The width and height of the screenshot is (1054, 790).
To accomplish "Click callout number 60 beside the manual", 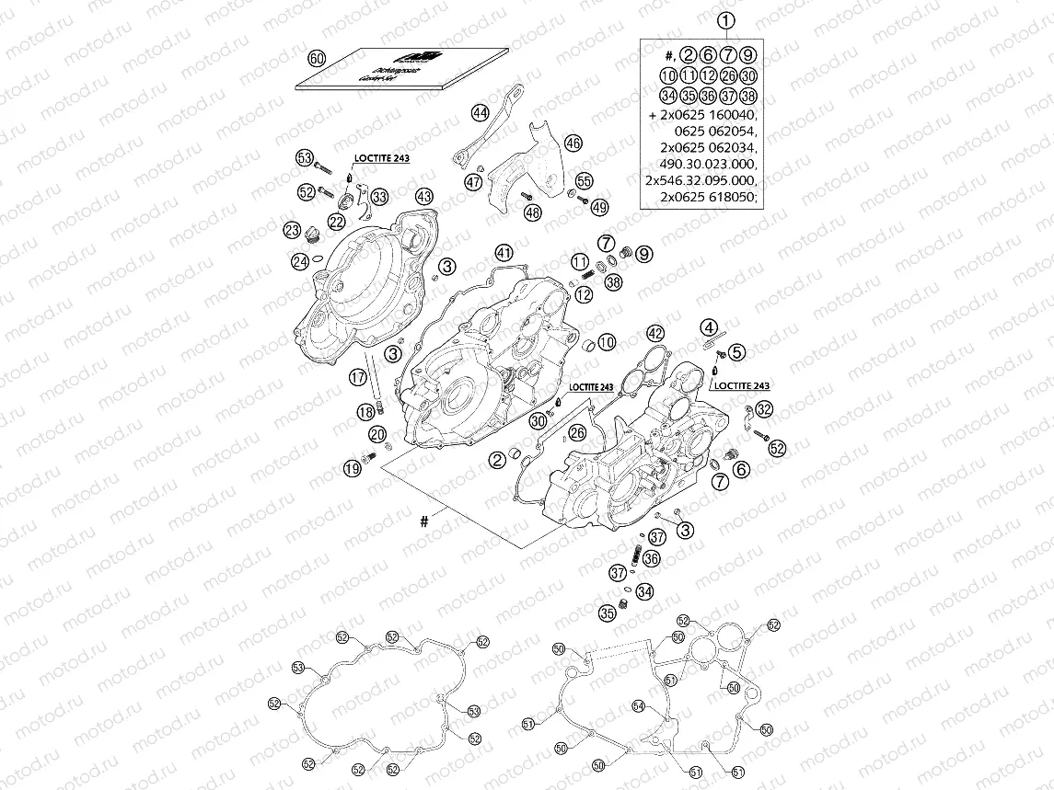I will (317, 58).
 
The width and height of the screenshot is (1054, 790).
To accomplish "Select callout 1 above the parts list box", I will (726, 20).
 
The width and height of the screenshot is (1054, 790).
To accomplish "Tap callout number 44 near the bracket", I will (480, 113).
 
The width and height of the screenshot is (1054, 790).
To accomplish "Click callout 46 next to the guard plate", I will (573, 143).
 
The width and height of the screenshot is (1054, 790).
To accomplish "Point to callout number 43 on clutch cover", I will (423, 196).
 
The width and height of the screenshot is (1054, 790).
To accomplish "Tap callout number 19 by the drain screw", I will (352, 469).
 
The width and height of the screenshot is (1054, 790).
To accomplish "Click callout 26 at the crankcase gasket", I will (576, 432).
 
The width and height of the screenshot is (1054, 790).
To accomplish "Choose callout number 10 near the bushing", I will (606, 342).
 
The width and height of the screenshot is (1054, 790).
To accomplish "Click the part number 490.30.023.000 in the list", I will (701, 162).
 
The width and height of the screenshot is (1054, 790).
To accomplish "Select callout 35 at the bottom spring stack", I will (607, 613).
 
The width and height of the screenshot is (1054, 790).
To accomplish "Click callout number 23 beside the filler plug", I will (293, 230).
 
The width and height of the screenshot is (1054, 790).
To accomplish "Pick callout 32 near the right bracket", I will (765, 409).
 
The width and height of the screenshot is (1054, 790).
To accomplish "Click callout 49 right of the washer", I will (600, 208).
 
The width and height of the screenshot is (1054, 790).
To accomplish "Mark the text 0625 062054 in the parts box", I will (714, 131).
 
